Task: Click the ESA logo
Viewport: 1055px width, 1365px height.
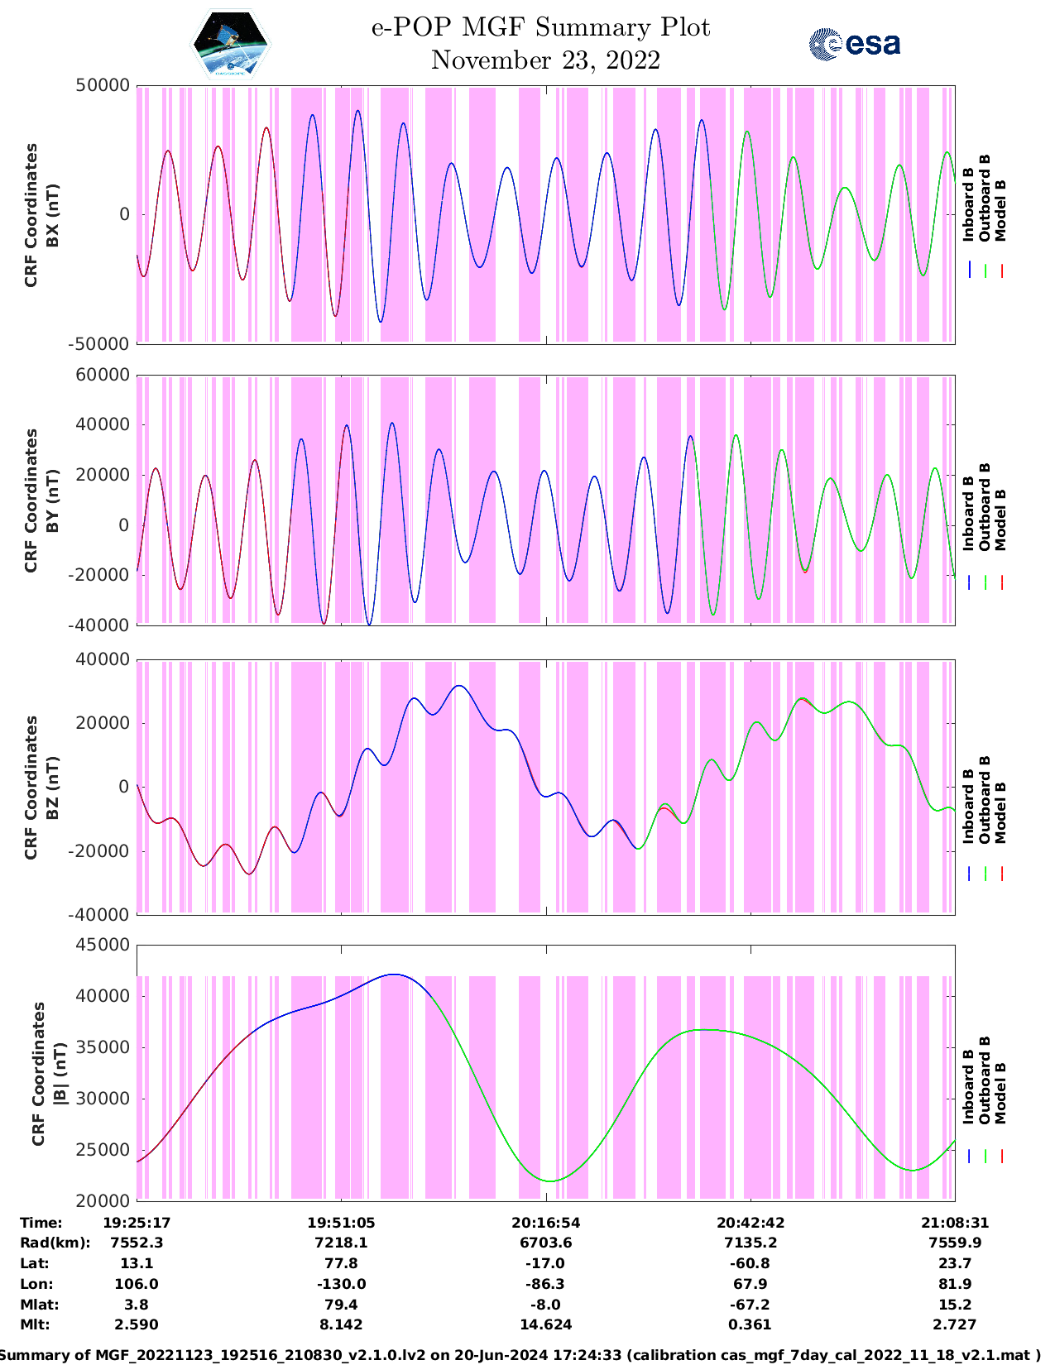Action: [x=855, y=44]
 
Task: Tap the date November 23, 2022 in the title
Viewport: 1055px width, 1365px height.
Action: [x=545, y=60]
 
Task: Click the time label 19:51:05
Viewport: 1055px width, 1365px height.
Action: [x=341, y=1223]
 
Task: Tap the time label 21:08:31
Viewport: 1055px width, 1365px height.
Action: [x=955, y=1223]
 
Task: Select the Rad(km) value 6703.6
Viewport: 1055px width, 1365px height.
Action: [x=545, y=1243]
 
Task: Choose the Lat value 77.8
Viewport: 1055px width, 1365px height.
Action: [x=341, y=1263]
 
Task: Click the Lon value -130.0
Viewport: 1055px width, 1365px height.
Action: [x=341, y=1284]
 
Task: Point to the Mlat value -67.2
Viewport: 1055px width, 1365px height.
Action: [x=750, y=1305]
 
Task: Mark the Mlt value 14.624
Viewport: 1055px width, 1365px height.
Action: [x=545, y=1324]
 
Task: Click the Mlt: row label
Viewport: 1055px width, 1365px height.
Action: [x=35, y=1324]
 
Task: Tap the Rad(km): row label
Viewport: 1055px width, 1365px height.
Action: [x=55, y=1243]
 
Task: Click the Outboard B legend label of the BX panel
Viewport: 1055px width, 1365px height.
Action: [x=985, y=199]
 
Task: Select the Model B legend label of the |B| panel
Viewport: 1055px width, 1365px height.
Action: [x=1000, y=1093]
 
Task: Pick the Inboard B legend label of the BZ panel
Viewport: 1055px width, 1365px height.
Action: [x=969, y=807]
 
